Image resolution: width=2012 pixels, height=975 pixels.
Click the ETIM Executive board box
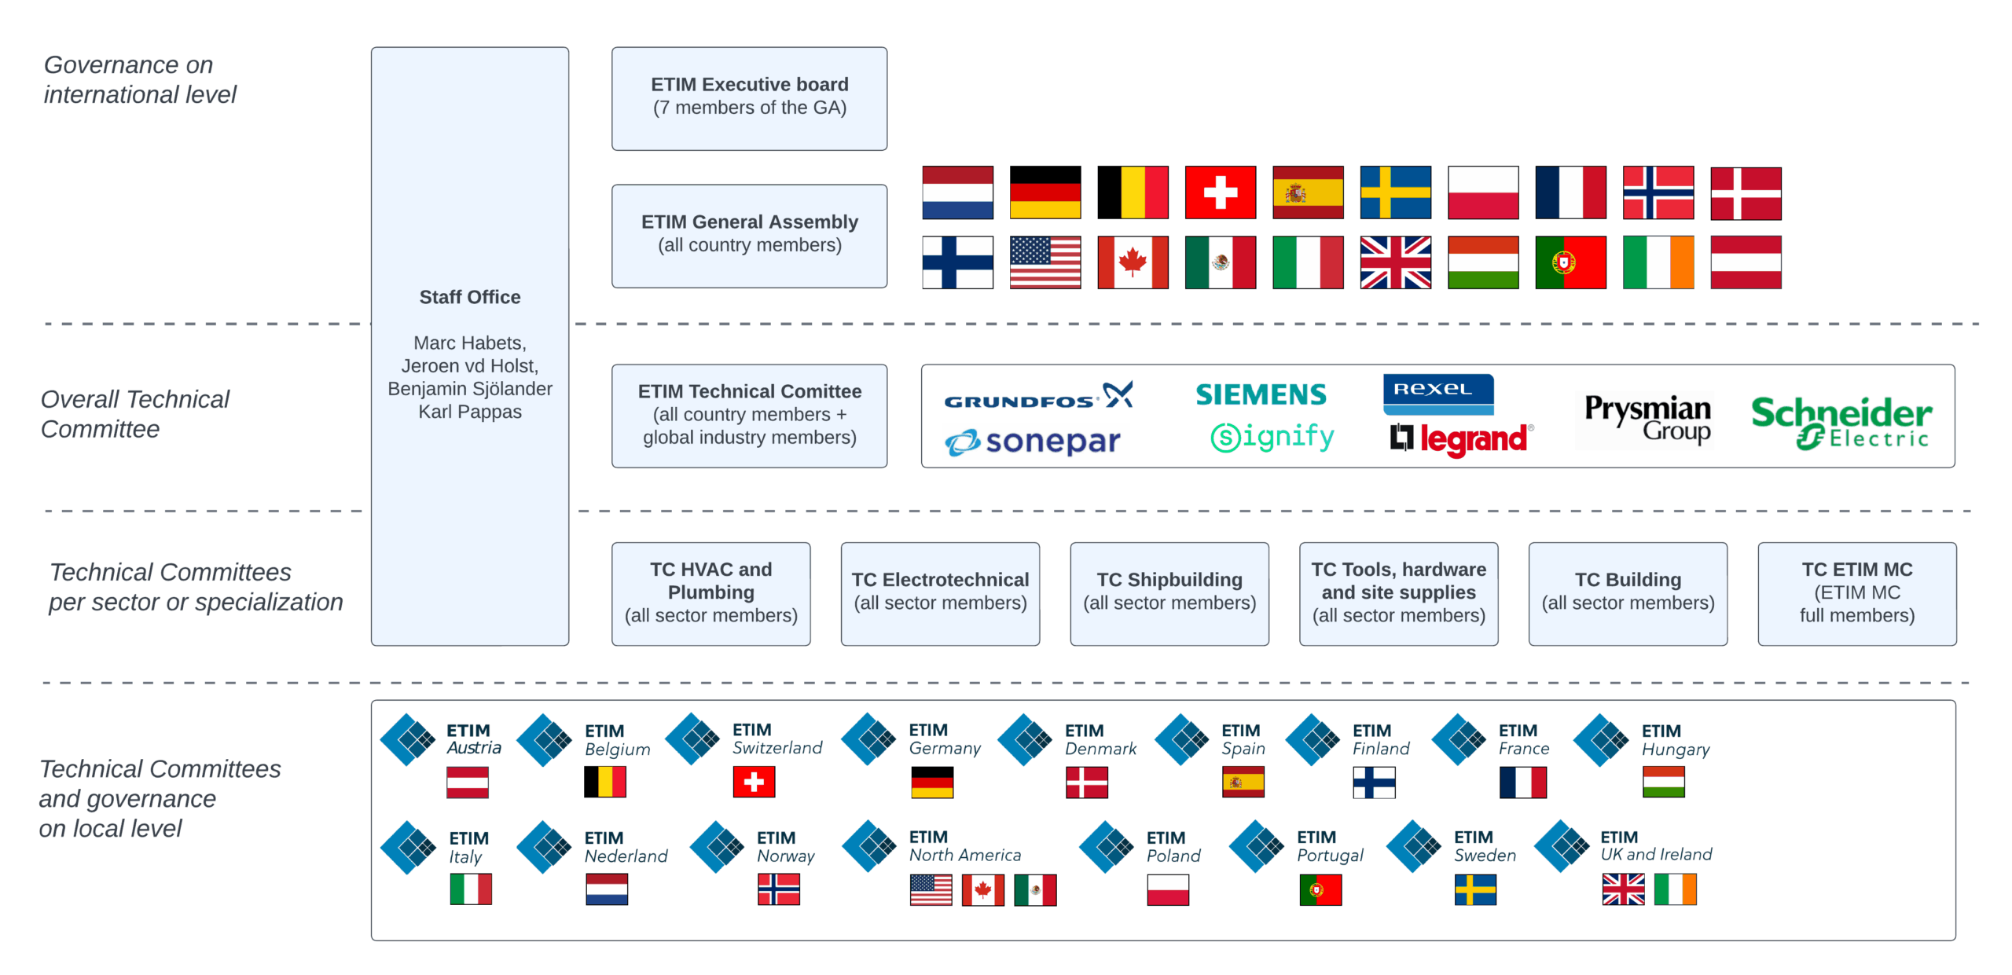click(749, 98)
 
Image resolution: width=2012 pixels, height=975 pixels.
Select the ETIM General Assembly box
click(749, 236)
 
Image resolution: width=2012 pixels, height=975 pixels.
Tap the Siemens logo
click(1261, 394)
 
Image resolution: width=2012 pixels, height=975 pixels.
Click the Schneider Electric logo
click(1841, 421)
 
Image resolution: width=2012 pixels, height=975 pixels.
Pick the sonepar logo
click(1033, 442)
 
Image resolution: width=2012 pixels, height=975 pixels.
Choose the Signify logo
click(1272, 437)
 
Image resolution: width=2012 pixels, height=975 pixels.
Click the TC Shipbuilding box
click(1169, 593)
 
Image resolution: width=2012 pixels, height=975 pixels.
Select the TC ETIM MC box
click(1856, 593)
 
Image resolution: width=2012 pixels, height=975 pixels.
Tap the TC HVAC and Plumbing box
click(710, 593)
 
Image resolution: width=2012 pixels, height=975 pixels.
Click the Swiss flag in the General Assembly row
click(1220, 192)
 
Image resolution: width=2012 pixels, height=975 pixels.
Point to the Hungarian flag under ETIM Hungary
click(1663, 782)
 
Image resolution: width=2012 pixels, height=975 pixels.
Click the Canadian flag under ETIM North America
click(982, 890)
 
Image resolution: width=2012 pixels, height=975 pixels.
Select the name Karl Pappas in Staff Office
click(469, 412)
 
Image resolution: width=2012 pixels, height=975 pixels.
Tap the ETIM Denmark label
click(1100, 739)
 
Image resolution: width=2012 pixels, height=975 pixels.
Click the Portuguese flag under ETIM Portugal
click(1320, 890)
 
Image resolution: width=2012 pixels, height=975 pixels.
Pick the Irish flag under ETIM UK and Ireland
click(1675, 889)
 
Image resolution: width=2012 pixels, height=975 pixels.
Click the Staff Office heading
click(469, 297)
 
